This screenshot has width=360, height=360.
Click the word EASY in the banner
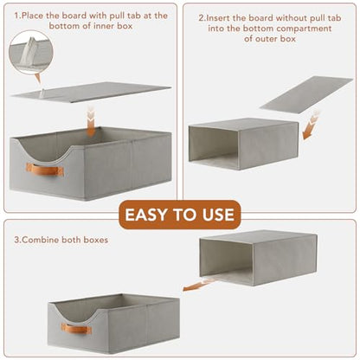[x=146, y=215]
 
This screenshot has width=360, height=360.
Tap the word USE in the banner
[x=218, y=215]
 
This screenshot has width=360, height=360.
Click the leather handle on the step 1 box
[x=45, y=170]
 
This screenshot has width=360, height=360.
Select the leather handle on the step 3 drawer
[x=77, y=329]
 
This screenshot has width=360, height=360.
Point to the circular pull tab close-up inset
[x=31, y=53]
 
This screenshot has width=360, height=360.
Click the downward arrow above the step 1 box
[x=91, y=121]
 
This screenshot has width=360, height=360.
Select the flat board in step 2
[x=305, y=95]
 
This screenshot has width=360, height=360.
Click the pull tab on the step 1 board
[x=42, y=93]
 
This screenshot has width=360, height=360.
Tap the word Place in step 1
[x=32, y=16]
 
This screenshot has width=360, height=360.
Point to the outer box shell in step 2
[x=243, y=144]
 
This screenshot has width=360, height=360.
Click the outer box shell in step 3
[x=259, y=258]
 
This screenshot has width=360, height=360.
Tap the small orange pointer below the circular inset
[x=38, y=78]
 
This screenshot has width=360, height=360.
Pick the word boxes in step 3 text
[x=96, y=240]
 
